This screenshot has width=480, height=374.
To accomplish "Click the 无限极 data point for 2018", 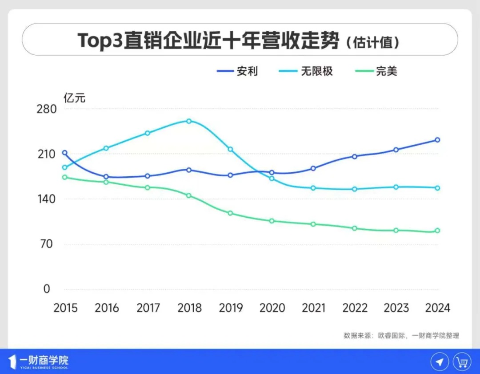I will click(189, 121).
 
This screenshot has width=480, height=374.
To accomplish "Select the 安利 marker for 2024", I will click(437, 140).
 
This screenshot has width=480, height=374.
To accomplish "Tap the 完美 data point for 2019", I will click(230, 213).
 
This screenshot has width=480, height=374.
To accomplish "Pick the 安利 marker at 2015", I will click(65, 153).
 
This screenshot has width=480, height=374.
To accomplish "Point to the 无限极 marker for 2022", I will click(355, 189).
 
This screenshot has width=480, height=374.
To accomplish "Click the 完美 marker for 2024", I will click(437, 231).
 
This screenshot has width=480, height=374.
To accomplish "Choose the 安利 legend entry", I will click(237, 71).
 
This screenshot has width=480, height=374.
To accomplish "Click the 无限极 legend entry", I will click(306, 71).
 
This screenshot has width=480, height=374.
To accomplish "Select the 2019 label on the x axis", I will click(231, 308).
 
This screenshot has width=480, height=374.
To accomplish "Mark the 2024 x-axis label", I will click(437, 308).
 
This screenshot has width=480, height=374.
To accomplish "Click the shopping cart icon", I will click(462, 361).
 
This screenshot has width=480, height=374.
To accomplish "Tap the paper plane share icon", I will click(440, 361).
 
